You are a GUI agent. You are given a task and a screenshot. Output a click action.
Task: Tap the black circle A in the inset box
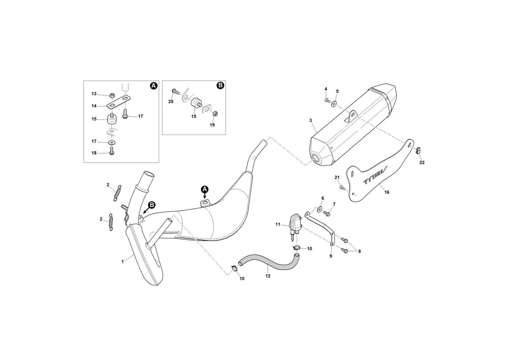click(x=154, y=86)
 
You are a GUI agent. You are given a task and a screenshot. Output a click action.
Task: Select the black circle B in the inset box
click(x=221, y=86)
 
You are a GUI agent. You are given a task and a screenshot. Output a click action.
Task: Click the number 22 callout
click(x=422, y=163)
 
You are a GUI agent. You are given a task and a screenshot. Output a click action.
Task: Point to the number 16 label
click(x=387, y=192)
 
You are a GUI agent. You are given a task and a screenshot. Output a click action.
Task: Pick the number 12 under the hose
click(x=268, y=276)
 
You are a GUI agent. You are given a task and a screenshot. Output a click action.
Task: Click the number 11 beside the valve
click(x=278, y=224)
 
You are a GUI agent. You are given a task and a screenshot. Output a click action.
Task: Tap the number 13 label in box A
click(x=94, y=94)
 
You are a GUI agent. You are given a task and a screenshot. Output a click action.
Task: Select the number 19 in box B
click(x=212, y=125)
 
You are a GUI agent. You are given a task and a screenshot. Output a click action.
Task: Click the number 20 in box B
click(x=171, y=102)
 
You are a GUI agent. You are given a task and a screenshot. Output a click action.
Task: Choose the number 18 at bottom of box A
click(x=94, y=153)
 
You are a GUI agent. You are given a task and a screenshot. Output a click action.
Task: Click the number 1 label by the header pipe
click(x=122, y=261)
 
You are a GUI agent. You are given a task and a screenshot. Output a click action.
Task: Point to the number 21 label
click(x=337, y=177)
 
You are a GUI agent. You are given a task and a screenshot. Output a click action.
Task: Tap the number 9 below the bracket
click(x=331, y=256)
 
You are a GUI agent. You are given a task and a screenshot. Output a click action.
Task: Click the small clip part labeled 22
click(x=418, y=150)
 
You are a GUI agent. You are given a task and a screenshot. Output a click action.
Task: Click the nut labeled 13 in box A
click(x=112, y=95)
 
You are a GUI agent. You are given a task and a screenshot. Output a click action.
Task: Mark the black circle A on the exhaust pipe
click(x=204, y=189)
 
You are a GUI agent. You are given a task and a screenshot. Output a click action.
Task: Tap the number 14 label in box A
click(x=94, y=106)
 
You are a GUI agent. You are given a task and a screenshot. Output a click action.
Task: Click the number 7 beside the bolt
click(x=334, y=204)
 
